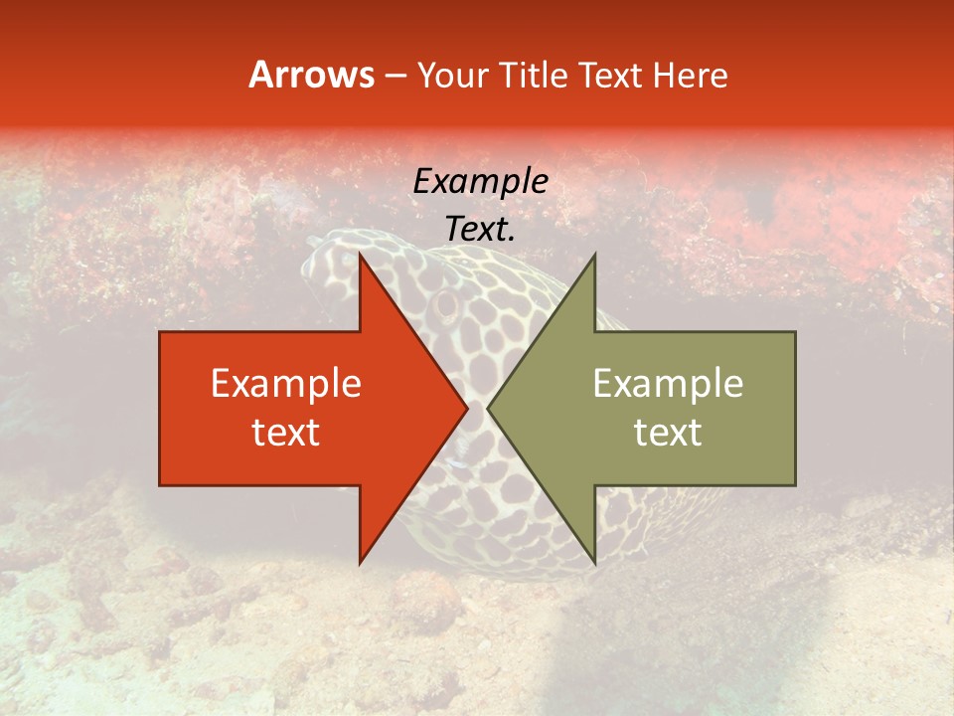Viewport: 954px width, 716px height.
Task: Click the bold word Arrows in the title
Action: (311, 75)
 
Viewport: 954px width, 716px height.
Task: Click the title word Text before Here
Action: (611, 75)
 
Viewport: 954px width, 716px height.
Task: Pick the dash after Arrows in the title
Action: (395, 76)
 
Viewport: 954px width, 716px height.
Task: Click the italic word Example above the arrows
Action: (480, 181)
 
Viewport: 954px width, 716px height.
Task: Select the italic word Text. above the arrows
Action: (480, 229)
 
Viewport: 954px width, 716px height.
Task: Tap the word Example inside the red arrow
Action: (286, 384)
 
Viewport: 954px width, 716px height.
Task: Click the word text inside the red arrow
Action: (286, 433)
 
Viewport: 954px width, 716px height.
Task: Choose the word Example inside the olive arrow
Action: (668, 384)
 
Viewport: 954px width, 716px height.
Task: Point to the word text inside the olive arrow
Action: (668, 433)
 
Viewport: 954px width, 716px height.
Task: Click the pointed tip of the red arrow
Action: (467, 409)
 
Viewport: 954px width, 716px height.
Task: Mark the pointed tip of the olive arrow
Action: (488, 409)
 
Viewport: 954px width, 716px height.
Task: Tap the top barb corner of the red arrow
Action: (360, 255)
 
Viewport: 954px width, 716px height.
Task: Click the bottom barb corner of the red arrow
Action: (360, 563)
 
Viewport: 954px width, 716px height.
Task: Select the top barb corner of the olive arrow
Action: (594, 255)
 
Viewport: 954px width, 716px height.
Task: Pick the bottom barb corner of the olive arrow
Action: (594, 563)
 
